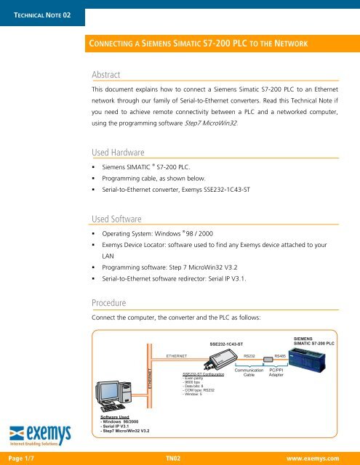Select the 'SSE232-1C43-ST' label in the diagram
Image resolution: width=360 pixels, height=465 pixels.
231,342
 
